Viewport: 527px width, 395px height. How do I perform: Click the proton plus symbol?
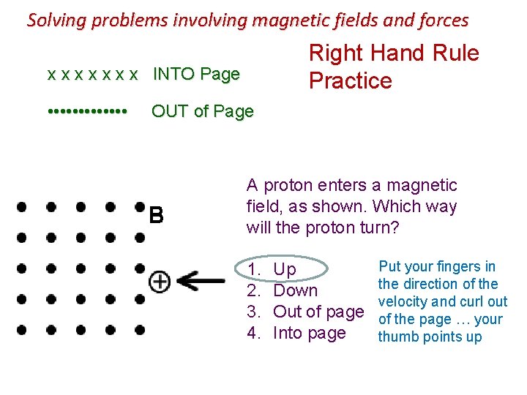click(x=159, y=281)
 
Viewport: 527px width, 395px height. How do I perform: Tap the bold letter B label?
click(x=156, y=216)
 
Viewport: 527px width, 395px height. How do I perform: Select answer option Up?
click(x=285, y=269)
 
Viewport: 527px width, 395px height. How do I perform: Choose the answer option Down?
click(x=295, y=290)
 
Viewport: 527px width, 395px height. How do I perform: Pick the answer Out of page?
click(x=318, y=312)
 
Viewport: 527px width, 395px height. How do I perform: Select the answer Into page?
click(x=309, y=333)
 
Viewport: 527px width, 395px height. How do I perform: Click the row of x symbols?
click(x=92, y=75)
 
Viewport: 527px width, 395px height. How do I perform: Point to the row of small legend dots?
click(x=87, y=112)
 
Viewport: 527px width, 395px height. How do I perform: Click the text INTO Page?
click(x=195, y=74)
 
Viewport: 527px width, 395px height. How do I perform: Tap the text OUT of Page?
click(x=202, y=112)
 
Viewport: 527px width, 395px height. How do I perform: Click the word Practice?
click(x=351, y=80)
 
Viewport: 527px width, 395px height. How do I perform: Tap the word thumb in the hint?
click(x=395, y=336)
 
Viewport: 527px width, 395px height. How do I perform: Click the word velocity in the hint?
click(x=403, y=301)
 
